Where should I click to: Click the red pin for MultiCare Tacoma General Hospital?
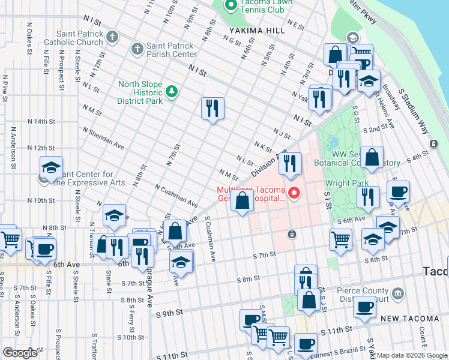click(x=294, y=193)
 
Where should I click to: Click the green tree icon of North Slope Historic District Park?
click(x=172, y=91)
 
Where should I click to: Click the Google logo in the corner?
click(x=20, y=352)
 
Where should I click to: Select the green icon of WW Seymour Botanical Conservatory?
click(x=332, y=144)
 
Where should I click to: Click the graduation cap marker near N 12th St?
click(x=52, y=167)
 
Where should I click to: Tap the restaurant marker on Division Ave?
click(x=291, y=163)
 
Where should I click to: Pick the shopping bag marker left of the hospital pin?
click(x=243, y=201)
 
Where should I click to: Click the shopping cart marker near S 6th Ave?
click(x=340, y=238)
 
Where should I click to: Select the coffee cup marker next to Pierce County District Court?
click(x=364, y=307)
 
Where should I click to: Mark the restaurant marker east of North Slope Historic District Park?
click(x=212, y=109)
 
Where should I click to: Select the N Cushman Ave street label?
click(x=176, y=196)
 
